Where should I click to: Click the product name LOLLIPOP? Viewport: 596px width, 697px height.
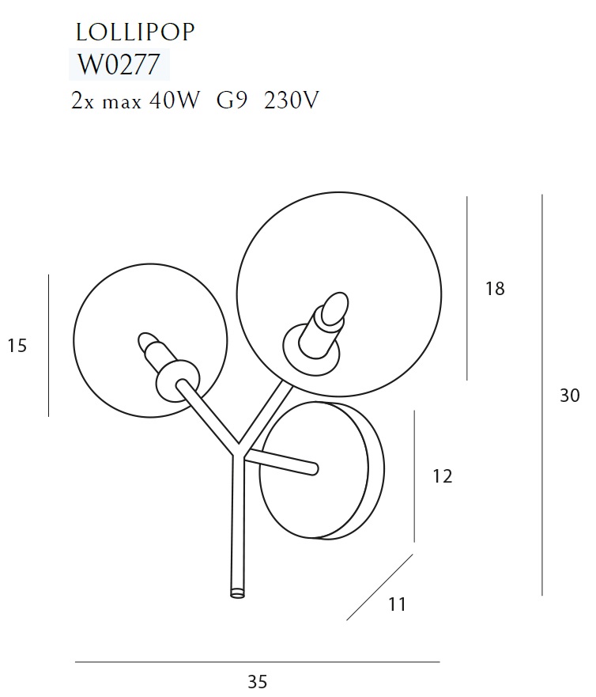135,32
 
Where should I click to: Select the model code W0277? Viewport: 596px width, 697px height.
119,63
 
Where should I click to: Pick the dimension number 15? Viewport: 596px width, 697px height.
17,346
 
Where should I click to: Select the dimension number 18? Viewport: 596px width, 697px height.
495,289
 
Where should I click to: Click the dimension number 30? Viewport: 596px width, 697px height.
569,396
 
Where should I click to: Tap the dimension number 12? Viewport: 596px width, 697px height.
442,476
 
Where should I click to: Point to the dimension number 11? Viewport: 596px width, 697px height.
397,604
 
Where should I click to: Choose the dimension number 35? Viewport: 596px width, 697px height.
257,682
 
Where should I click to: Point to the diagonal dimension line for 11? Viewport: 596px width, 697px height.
379,587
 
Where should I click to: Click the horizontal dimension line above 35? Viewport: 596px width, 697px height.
257,661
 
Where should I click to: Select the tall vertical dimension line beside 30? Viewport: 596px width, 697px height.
542,396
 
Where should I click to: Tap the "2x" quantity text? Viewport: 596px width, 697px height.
81,101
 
